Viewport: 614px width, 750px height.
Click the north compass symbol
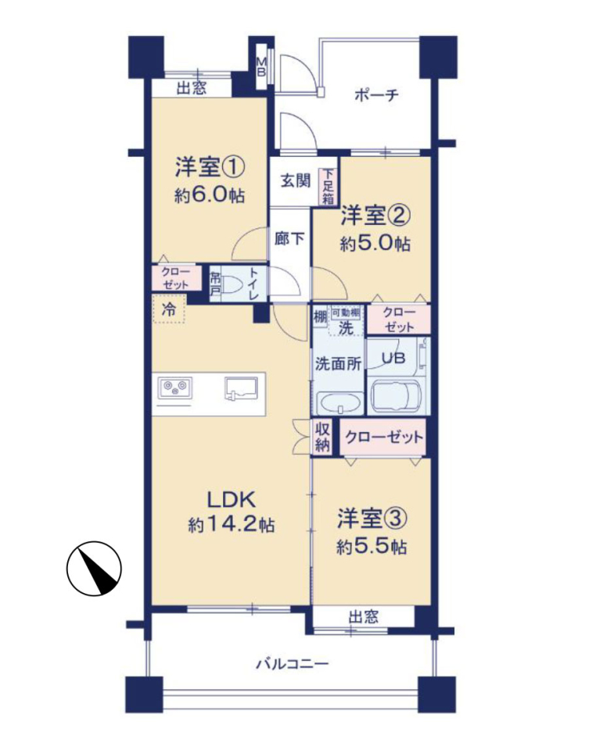pos(94,568)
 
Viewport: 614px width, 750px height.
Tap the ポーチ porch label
pos(376,95)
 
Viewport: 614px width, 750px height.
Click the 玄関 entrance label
pos(295,180)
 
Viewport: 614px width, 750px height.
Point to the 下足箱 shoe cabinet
pos(328,187)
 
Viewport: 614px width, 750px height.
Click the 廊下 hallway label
pos(289,238)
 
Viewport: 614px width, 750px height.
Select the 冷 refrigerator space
pos(169,309)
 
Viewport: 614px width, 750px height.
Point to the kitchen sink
pos(241,388)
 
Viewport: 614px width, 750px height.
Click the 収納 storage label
pos(322,437)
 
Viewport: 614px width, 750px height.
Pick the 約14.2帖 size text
pos(232,525)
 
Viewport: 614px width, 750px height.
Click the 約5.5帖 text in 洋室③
pos(372,547)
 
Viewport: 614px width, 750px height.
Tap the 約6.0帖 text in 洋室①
pos(210,195)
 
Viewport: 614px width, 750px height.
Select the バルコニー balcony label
pos(293,664)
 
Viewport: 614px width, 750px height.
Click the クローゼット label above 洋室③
pos(384,437)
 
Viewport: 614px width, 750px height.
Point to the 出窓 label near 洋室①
pos(192,88)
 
